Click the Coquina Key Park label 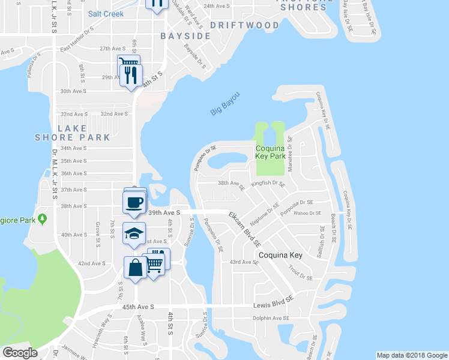(270, 152)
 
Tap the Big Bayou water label (226, 104)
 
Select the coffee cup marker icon (134, 202)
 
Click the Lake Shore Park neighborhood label (84, 133)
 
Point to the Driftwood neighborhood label (245, 25)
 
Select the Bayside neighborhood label (185, 36)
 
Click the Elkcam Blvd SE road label (245, 229)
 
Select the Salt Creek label (106, 14)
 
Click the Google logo (20, 353)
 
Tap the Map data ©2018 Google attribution (412, 355)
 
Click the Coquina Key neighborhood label (280, 255)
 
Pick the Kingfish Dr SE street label (268, 183)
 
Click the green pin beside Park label (42, 219)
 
